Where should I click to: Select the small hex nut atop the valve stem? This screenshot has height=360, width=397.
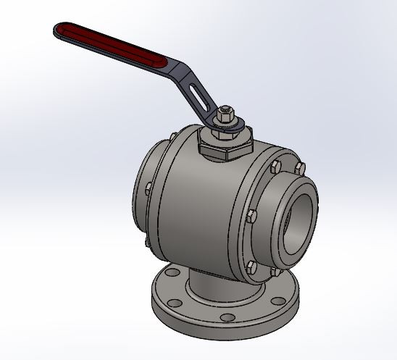225,114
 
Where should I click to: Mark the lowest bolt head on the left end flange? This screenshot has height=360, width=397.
149,241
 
